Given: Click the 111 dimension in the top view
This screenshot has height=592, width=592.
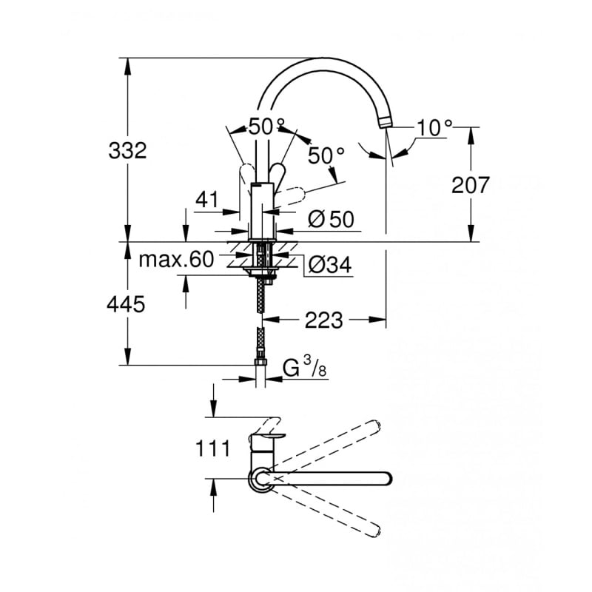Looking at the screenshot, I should [x=213, y=449].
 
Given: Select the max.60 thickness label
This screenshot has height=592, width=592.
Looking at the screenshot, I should [x=176, y=259].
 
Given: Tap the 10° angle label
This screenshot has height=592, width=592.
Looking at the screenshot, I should [x=432, y=127].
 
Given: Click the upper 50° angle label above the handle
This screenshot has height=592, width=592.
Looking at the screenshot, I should [x=266, y=127].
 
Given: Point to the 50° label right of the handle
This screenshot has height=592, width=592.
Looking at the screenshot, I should [x=326, y=155].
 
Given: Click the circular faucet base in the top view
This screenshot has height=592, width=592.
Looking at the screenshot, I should [x=259, y=479].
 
